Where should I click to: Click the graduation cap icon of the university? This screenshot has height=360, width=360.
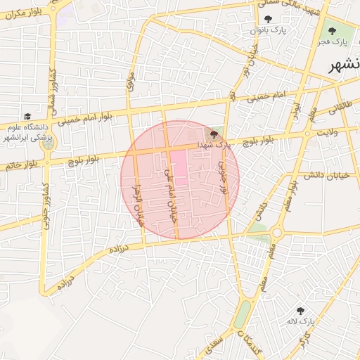(x=27, y=116)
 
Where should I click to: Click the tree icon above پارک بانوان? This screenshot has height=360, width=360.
(x=267, y=19)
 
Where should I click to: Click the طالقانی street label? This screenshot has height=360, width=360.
(x=337, y=105)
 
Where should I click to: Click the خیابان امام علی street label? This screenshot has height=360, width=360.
(x=168, y=193)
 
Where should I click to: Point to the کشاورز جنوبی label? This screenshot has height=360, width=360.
(x=45, y=204)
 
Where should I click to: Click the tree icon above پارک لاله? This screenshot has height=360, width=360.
(x=301, y=309)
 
